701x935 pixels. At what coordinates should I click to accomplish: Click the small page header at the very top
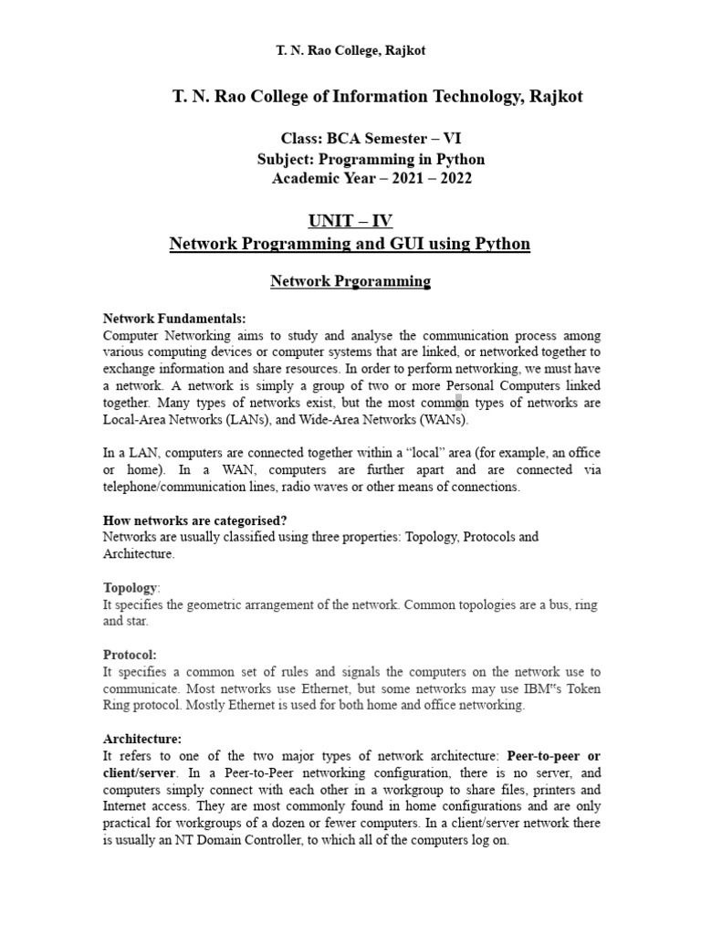[x=350, y=50]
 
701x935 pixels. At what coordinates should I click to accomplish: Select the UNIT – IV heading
[x=350, y=222]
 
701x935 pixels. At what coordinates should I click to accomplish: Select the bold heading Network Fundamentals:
[x=174, y=319]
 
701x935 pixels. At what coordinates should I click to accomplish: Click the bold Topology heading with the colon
[x=132, y=588]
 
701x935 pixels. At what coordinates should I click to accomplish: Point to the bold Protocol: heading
[x=130, y=655]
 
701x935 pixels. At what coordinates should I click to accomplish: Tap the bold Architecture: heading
[x=141, y=739]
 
